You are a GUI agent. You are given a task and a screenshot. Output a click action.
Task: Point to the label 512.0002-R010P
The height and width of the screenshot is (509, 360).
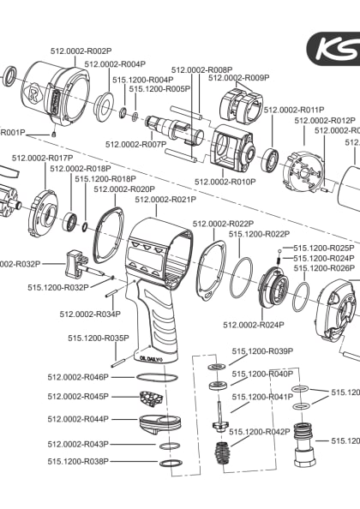(225, 182)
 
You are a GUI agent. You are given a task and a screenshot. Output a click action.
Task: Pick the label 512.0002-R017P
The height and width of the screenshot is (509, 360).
(42, 158)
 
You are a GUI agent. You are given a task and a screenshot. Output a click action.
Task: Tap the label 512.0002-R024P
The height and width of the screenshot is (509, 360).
(229, 325)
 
